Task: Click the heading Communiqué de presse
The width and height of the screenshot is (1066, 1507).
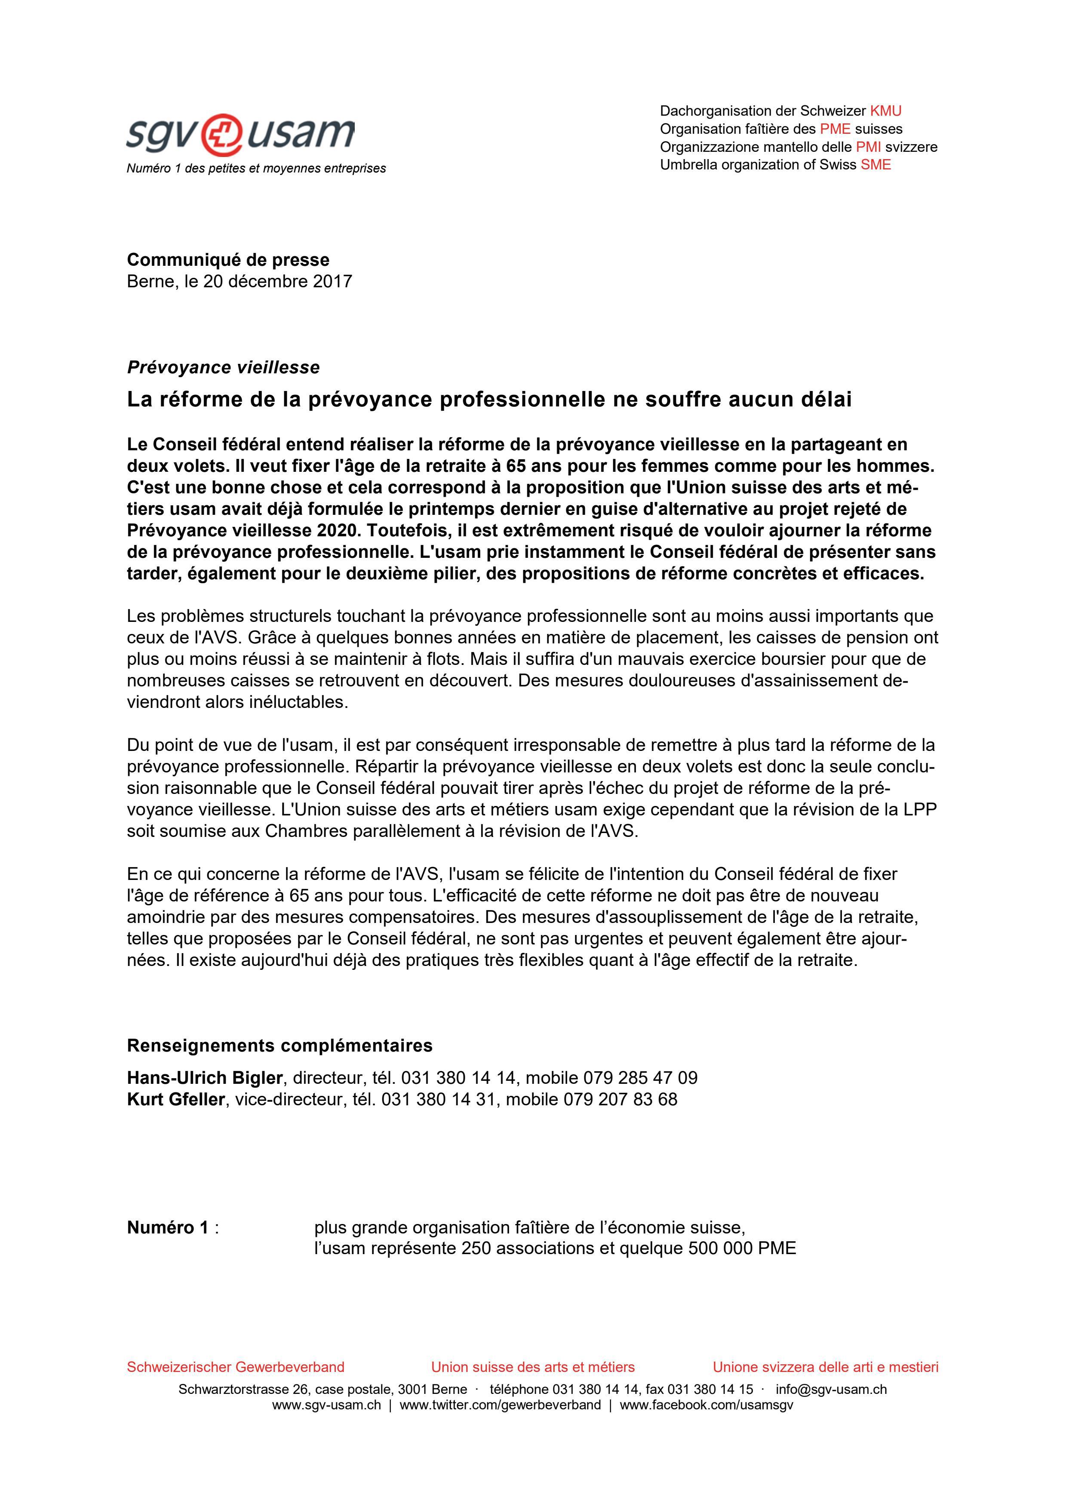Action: coord(228,260)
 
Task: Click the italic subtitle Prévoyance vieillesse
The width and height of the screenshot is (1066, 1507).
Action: coord(223,368)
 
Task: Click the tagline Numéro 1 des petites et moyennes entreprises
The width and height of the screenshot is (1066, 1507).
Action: coord(256,169)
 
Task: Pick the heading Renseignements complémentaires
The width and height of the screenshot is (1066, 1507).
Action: coord(280,1045)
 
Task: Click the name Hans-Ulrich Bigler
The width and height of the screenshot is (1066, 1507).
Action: coord(205,1078)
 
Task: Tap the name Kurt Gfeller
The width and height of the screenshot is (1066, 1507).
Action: coord(176,1099)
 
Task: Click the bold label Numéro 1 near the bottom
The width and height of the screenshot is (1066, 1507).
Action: coord(167,1227)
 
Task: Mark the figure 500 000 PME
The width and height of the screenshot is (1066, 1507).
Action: coord(742,1249)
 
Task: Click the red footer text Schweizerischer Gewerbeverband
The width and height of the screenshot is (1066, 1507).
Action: coord(236,1367)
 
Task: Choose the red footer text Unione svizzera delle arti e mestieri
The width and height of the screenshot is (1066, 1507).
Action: coord(825,1367)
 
